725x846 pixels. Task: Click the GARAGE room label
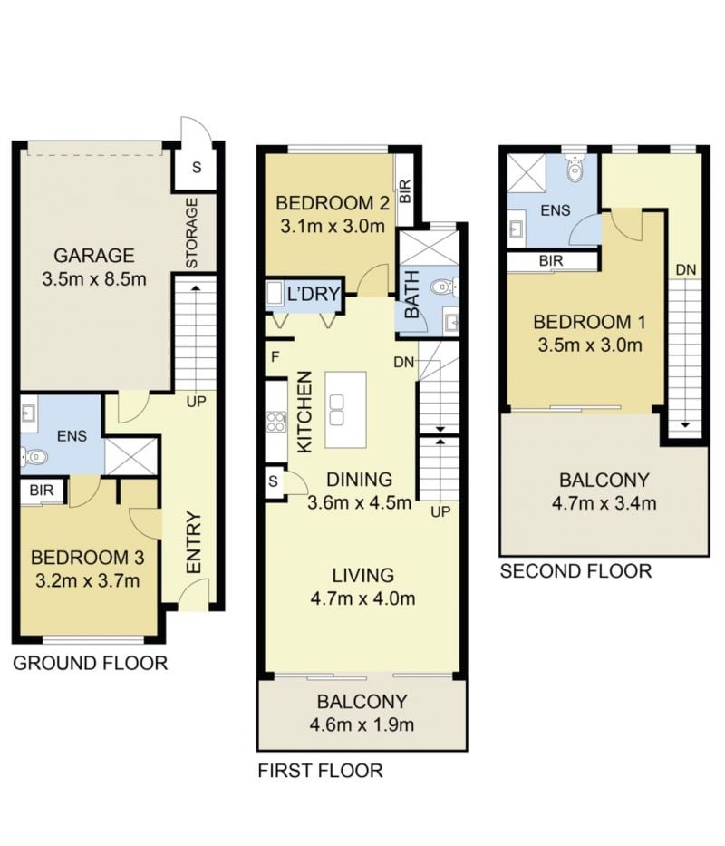pyautogui.click(x=94, y=255)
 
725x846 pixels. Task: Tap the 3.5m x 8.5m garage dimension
pyautogui.click(x=94, y=279)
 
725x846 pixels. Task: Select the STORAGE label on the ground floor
pyautogui.click(x=192, y=232)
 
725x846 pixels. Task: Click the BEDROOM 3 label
pyautogui.click(x=87, y=558)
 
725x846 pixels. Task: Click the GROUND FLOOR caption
pyautogui.click(x=90, y=663)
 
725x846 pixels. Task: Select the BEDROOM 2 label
pyautogui.click(x=333, y=203)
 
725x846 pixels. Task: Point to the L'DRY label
pyautogui.click(x=314, y=294)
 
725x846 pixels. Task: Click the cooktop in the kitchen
pyautogui.click(x=276, y=422)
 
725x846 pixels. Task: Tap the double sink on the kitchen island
pyautogui.click(x=336, y=410)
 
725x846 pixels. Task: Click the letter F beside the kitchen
pyautogui.click(x=275, y=357)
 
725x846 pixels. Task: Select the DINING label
pyautogui.click(x=360, y=479)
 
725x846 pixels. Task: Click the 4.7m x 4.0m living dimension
pyautogui.click(x=363, y=598)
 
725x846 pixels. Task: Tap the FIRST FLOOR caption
pyautogui.click(x=321, y=771)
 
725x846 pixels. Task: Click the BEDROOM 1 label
pyautogui.click(x=590, y=322)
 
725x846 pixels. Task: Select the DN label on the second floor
pyautogui.click(x=686, y=269)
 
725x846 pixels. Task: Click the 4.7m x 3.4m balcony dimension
pyautogui.click(x=604, y=503)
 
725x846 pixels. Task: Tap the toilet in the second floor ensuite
pyautogui.click(x=576, y=169)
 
